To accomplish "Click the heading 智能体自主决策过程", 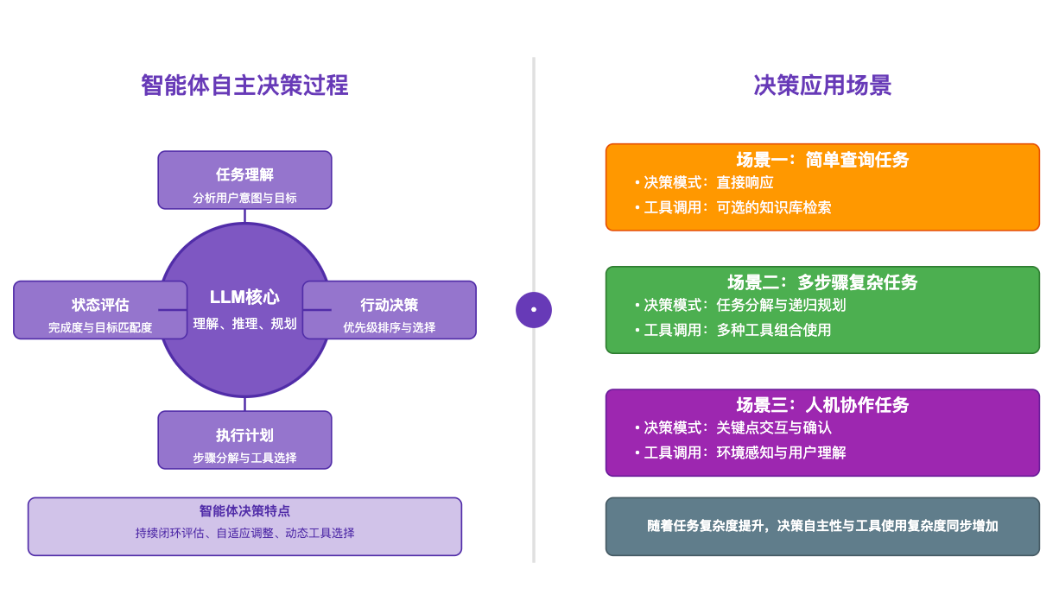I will pos(244,85).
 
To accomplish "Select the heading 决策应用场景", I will pos(822,85).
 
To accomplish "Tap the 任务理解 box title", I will pos(244,174).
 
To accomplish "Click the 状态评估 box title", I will pos(100,305).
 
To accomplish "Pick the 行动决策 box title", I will pos(389,305).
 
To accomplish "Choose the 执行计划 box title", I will pos(244,435).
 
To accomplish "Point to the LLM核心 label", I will pos(244,297).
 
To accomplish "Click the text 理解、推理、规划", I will pos(244,324).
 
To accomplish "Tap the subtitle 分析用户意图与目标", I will pos(244,198).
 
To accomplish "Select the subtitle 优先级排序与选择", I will pos(389,327).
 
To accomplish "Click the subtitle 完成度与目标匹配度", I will pos(100,327).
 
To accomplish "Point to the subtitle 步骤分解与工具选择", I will pos(244,458).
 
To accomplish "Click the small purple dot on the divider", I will pos(534,309).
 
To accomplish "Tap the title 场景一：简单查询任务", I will pos(822,160).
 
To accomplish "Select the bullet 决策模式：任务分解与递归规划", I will pos(739,305).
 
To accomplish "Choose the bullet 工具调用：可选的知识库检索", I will pos(732,207).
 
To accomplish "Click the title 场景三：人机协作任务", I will pos(822,405).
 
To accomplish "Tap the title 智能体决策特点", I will pos(244,510).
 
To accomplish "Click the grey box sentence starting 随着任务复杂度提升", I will pos(822,526).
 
